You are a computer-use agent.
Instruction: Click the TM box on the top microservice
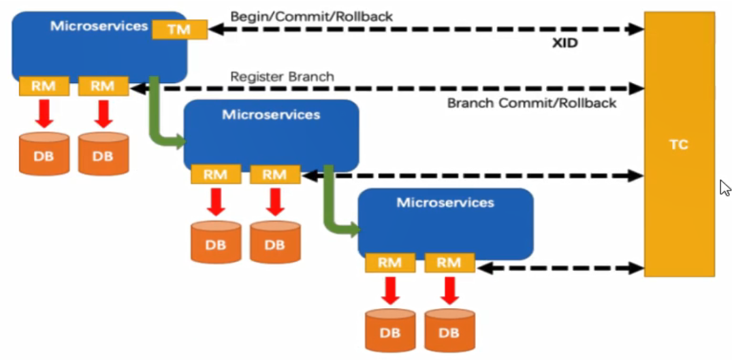point(179,29)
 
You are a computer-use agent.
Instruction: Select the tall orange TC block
point(679,144)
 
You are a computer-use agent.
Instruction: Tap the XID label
point(565,43)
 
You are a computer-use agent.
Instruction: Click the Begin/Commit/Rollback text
point(311,16)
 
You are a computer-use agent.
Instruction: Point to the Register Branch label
point(282,76)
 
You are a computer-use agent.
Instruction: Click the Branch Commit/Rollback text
point(531,103)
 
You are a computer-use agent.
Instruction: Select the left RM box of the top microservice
point(44,86)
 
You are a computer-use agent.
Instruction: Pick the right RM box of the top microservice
point(103,86)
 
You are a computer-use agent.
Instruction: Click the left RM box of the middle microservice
point(216,174)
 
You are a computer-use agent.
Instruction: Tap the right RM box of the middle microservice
point(275,174)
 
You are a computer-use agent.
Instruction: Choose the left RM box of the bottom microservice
point(390,263)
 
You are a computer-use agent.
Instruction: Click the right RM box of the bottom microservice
point(449,263)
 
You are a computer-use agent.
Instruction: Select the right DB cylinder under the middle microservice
point(275,242)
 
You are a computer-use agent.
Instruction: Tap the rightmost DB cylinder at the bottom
point(449,330)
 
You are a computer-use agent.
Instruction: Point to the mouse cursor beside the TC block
point(725,187)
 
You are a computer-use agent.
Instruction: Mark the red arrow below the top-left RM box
point(44,112)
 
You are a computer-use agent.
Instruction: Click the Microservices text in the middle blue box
point(271,114)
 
